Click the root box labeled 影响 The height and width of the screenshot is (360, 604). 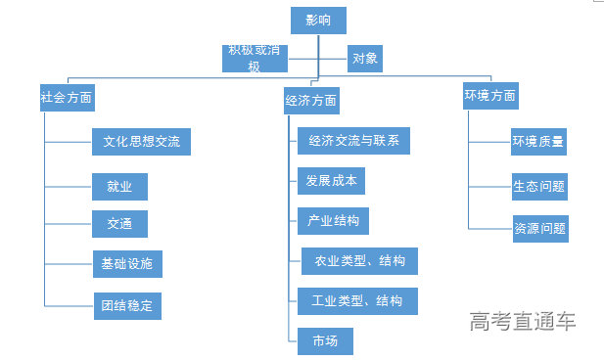(x=318, y=21)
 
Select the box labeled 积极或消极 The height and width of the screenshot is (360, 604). (x=256, y=59)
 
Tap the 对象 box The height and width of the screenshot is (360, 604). (x=365, y=59)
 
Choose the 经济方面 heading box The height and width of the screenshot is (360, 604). (x=312, y=100)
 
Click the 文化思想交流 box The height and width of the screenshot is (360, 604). (x=141, y=141)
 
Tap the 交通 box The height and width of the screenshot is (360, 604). (x=119, y=222)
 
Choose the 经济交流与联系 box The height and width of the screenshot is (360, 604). (x=353, y=141)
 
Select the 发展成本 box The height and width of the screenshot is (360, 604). (x=332, y=181)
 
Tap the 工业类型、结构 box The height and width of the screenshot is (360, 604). (x=357, y=300)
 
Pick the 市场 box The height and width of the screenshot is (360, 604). (x=325, y=340)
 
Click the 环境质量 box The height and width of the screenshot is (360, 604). (x=538, y=141)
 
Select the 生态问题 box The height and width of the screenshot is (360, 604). (x=538, y=185)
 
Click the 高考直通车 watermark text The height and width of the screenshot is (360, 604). (x=522, y=321)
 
